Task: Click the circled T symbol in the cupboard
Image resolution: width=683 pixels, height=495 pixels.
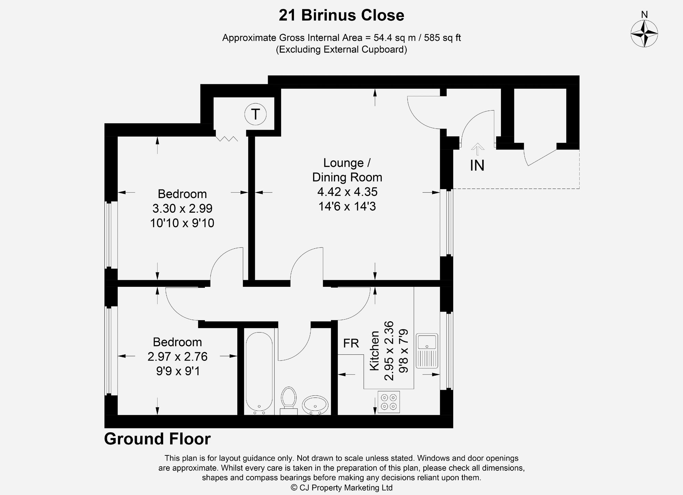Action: (255, 114)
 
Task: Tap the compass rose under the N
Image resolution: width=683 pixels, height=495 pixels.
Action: (644, 33)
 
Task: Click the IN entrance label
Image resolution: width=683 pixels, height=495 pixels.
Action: (477, 166)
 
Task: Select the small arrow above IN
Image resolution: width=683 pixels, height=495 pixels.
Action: (477, 148)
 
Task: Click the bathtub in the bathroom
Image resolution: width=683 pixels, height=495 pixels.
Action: (259, 372)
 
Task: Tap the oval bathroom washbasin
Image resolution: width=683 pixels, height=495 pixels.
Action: (315, 405)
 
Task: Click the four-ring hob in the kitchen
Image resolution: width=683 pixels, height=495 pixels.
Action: (389, 402)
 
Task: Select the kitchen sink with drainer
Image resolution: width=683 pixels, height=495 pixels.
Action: (427, 351)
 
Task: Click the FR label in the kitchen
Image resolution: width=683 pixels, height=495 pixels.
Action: (351, 343)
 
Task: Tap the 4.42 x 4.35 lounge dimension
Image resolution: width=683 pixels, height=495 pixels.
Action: (347, 192)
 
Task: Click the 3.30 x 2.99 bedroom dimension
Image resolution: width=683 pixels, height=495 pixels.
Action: (182, 208)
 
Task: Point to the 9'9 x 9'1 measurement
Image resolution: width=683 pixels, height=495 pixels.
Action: (178, 371)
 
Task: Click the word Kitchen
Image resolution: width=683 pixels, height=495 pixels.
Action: (375, 351)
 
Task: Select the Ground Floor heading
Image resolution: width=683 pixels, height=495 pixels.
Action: (157, 439)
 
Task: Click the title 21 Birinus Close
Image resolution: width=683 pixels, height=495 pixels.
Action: (341, 15)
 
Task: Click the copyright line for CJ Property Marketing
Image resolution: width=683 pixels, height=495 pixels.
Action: (341, 487)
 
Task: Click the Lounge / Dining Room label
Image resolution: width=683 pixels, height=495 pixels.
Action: (347, 170)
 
